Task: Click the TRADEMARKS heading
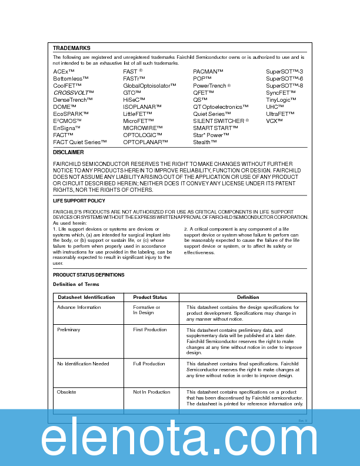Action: [x=71, y=48]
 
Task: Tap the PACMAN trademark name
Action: [x=208, y=71]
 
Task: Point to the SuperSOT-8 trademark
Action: [x=284, y=85]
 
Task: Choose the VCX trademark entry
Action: [x=274, y=121]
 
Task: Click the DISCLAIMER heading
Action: [x=68, y=152]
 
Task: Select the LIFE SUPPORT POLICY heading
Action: [x=79, y=201]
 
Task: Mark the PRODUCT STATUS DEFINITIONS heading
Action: [x=89, y=275]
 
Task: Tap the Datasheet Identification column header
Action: [x=86, y=297]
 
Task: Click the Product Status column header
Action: [x=150, y=297]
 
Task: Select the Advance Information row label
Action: [x=79, y=307]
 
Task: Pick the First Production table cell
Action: [x=150, y=330]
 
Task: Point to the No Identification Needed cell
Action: [x=83, y=364]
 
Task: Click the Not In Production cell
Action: [x=151, y=392]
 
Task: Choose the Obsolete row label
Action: [x=66, y=392]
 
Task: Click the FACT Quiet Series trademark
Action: [x=80, y=142]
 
